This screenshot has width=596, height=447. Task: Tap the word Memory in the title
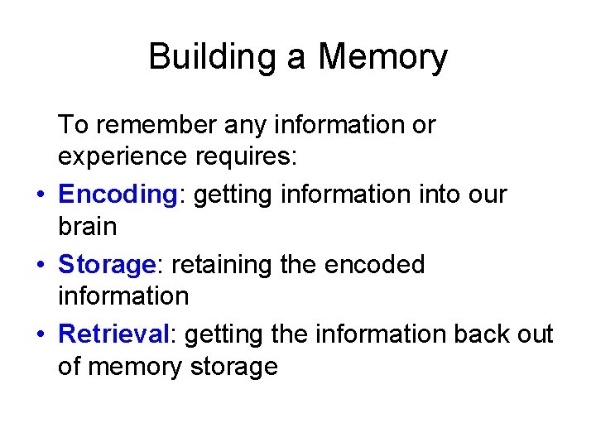pos(382,58)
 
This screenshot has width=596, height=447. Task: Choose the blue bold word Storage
pos(107,265)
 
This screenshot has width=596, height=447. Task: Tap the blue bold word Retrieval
pos(113,334)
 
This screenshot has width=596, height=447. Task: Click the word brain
pos(88,227)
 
